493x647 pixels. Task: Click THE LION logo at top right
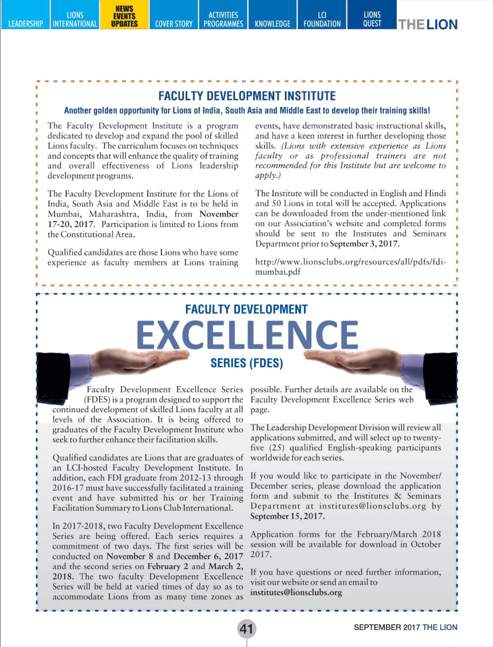428,25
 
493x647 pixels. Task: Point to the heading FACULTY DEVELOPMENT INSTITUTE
247,96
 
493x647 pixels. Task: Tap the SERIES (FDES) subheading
246,363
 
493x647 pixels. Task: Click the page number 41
246,629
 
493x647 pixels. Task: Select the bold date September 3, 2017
364,244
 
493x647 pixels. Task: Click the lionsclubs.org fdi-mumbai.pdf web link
350,267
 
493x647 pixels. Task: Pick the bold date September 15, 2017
287,516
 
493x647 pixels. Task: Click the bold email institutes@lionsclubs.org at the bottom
296,592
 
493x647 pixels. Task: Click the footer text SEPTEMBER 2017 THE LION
405,627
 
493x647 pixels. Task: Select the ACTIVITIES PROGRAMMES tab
223,19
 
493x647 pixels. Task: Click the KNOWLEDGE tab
272,24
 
